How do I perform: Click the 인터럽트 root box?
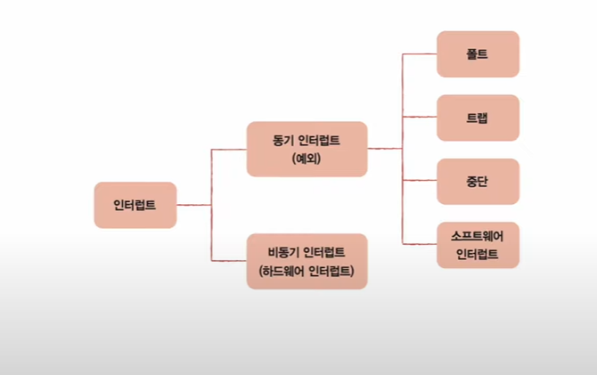[135, 205]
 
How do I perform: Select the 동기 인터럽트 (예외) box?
[307, 149]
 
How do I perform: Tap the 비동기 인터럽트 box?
[307, 260]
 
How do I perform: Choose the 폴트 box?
[478, 53]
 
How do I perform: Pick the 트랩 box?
[478, 118]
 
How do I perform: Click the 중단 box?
[478, 181]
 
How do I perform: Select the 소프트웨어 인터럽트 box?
[478, 245]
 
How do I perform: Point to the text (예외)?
[307, 160]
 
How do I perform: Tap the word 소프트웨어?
[478, 236]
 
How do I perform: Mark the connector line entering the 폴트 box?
[420, 53]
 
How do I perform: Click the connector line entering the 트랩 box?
[420, 118]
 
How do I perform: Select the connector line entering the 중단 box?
[420, 181]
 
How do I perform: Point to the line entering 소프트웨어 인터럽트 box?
[420, 245]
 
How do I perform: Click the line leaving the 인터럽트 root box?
[193, 205]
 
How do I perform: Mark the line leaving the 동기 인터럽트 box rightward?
[385, 149]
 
